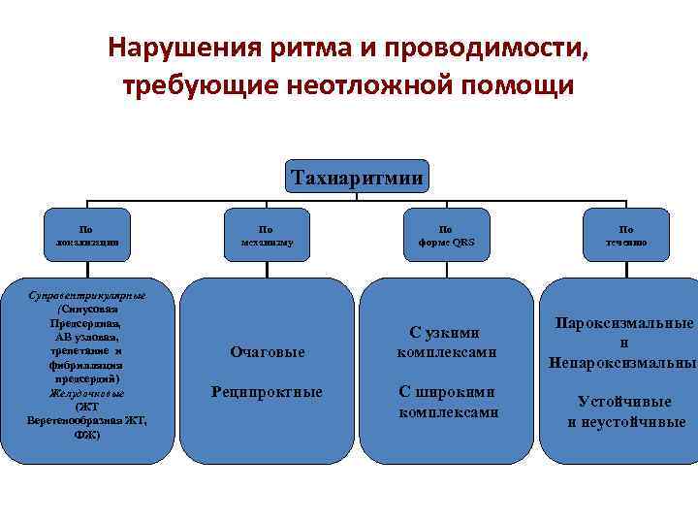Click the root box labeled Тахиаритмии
point(357,178)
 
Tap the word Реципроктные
point(267,392)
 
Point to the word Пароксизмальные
point(624,323)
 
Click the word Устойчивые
point(624,401)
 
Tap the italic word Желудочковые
point(87,393)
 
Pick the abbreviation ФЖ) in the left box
point(86,435)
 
